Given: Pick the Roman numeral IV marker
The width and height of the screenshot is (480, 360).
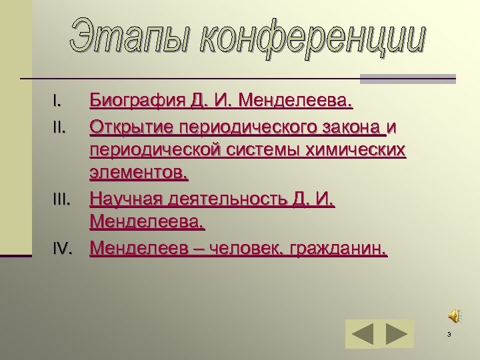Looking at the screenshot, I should [x=62, y=249].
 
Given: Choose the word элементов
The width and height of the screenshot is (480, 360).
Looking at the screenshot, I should [x=139, y=175].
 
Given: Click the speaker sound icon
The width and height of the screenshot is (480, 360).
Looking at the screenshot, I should [x=453, y=315].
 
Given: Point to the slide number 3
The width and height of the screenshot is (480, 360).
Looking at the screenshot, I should [x=449, y=334].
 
